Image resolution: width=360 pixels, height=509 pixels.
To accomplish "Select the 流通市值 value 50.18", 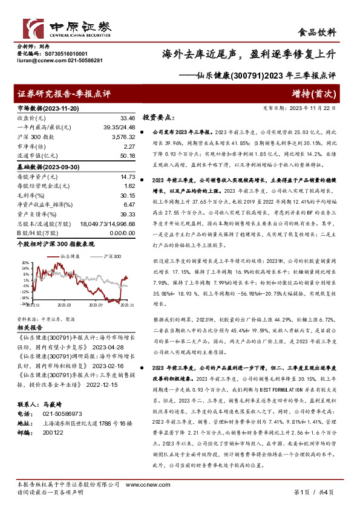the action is (127, 155).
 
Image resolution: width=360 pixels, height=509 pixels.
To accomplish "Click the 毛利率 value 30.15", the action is (127, 195).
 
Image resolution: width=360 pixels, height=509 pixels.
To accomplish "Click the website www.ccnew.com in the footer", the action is (143, 485).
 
